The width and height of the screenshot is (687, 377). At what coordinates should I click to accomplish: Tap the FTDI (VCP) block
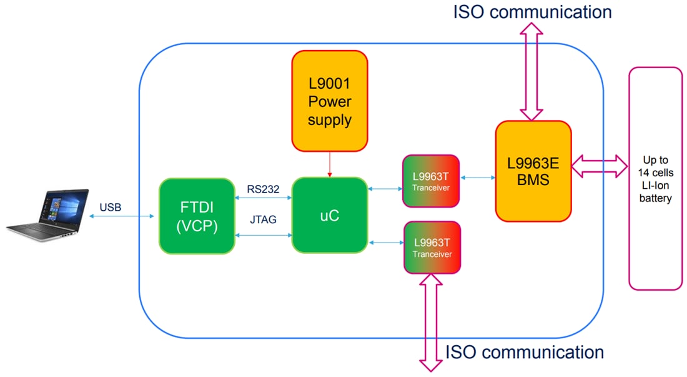pyautogui.click(x=197, y=216)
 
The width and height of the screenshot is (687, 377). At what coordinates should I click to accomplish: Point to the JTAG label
pyautogui.click(x=263, y=221)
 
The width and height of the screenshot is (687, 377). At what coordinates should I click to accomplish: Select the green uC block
pyautogui.click(x=329, y=215)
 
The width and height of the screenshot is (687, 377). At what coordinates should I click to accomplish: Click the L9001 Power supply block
pyautogui.click(x=329, y=101)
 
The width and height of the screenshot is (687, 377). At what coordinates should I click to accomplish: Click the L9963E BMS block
pyautogui.click(x=533, y=171)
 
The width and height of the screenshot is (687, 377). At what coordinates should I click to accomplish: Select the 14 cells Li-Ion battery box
pyautogui.click(x=655, y=178)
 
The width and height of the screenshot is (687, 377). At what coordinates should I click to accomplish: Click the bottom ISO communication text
pyautogui.click(x=524, y=352)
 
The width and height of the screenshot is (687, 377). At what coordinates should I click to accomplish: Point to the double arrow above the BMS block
pyautogui.click(x=533, y=72)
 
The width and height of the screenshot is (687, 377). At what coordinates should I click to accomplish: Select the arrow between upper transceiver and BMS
pyautogui.click(x=478, y=178)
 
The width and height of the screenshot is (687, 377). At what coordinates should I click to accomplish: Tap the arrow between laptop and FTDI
pyautogui.click(x=122, y=216)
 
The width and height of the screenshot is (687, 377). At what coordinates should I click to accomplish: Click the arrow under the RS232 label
pyautogui.click(x=264, y=198)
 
